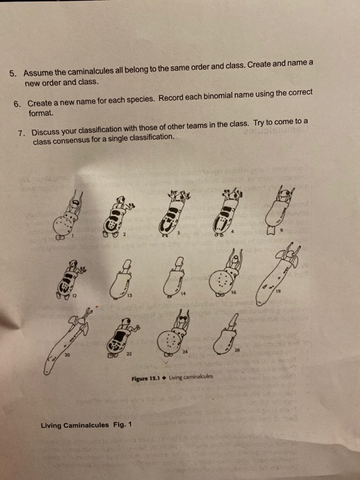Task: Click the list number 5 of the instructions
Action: tap(12, 73)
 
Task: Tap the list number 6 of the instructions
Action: tap(17, 101)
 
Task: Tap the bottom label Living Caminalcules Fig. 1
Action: tap(84, 425)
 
